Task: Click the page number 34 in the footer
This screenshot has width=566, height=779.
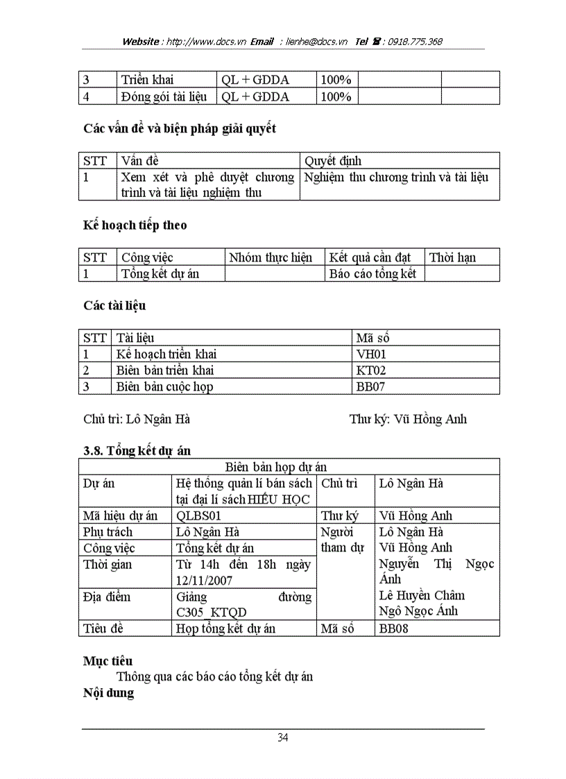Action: coord(282,737)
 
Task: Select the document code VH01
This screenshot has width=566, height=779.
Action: coord(370,354)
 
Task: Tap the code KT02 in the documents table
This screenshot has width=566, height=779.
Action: coord(370,370)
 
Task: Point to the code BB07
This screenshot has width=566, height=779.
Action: coord(370,387)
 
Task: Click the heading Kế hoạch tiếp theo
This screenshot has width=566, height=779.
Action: coord(135,225)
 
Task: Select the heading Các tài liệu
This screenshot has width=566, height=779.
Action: coord(114,306)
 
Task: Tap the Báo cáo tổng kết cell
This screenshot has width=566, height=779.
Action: coord(372,274)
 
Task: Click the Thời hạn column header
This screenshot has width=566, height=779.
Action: coord(452,257)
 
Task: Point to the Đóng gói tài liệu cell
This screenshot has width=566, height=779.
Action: coord(164,97)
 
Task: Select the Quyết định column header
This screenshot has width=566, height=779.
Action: coord(333,161)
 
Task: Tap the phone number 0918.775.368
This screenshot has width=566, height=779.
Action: coord(415,42)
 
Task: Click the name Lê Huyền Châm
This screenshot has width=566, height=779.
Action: coord(422,595)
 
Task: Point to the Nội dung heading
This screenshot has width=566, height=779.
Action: coord(108,692)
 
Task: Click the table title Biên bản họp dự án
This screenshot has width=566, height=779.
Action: coord(276,467)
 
